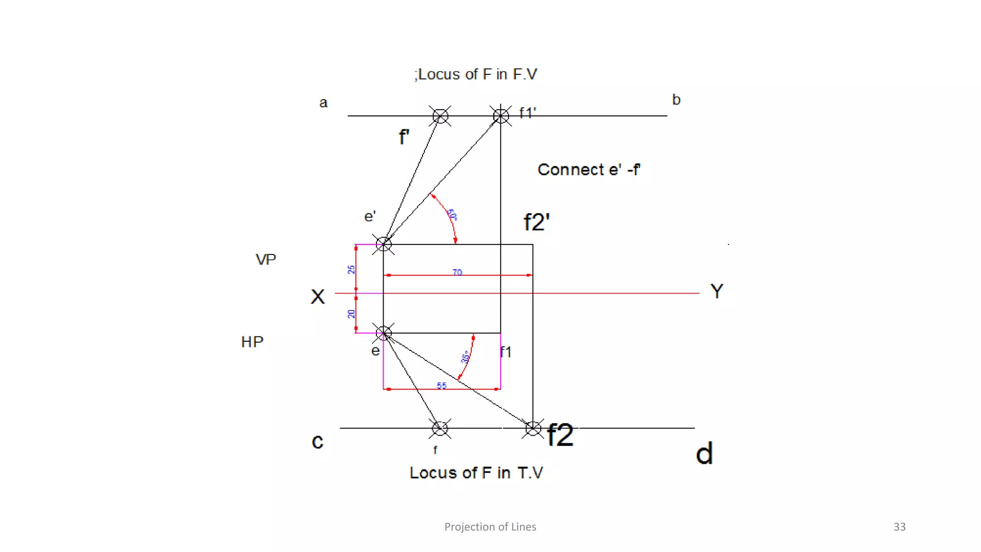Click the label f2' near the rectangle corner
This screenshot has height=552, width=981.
[x=536, y=222]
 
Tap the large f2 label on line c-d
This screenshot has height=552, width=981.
[x=560, y=435]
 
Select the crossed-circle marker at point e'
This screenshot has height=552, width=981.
[x=383, y=244]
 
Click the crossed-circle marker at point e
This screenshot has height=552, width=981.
[x=383, y=333]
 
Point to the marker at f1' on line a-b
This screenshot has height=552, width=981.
[x=501, y=115]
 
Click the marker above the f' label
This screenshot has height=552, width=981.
[x=440, y=116]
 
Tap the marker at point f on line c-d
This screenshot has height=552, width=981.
[x=440, y=428]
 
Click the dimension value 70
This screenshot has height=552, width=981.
[x=457, y=272]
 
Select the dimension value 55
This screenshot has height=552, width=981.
[x=442, y=385]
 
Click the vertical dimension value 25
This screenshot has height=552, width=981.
[x=351, y=269]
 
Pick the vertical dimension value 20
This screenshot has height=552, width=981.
[x=351, y=314]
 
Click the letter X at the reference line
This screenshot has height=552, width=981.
[x=318, y=297]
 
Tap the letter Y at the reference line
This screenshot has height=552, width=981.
[x=717, y=291]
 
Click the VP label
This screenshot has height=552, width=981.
[x=266, y=260]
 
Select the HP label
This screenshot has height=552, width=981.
[x=252, y=342]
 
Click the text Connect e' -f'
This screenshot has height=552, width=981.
[x=589, y=170]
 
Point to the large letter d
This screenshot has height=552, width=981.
[x=704, y=453]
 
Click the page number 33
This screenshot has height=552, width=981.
[x=899, y=527]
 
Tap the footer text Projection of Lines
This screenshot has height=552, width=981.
[x=490, y=527]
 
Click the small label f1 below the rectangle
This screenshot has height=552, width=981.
[x=506, y=352]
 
